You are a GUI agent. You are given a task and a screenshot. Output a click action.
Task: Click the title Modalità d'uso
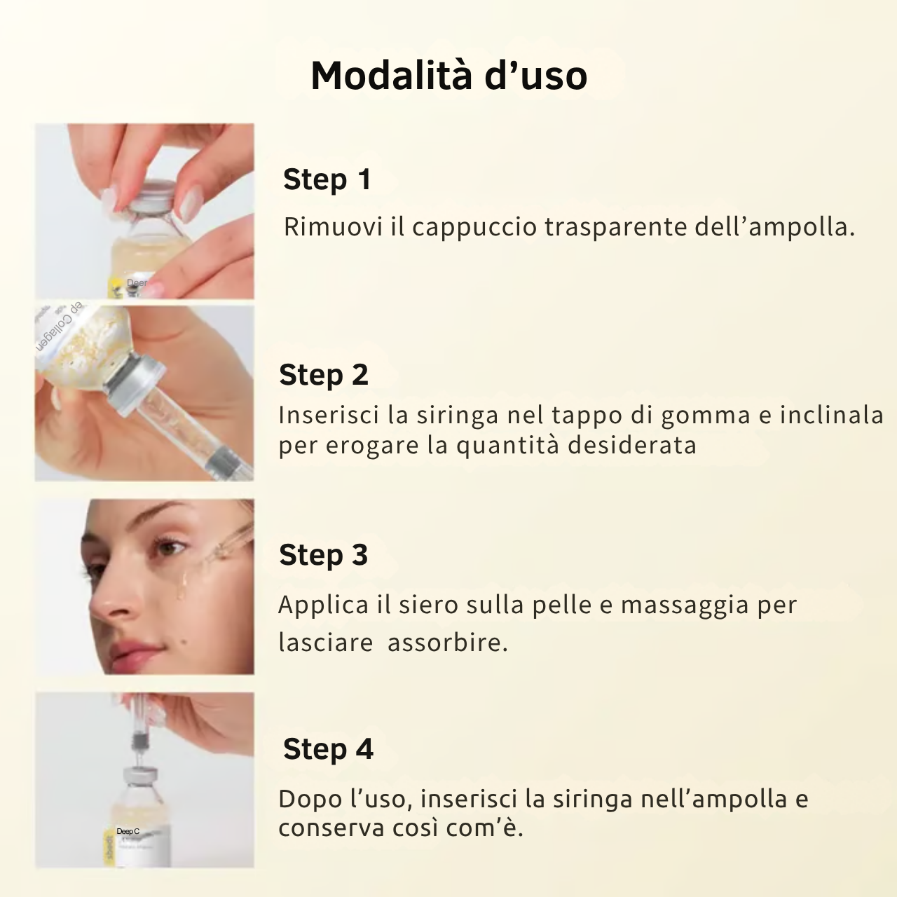448,75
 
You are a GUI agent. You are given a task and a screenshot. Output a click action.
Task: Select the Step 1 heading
327,179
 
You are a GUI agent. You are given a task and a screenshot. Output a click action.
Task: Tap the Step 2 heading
323,374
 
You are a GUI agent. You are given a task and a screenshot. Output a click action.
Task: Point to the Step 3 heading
323,555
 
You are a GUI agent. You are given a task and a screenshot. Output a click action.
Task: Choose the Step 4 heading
328,749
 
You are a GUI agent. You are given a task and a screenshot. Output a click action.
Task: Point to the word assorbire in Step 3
446,643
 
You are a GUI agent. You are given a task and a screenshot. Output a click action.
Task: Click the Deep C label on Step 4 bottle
128,831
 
